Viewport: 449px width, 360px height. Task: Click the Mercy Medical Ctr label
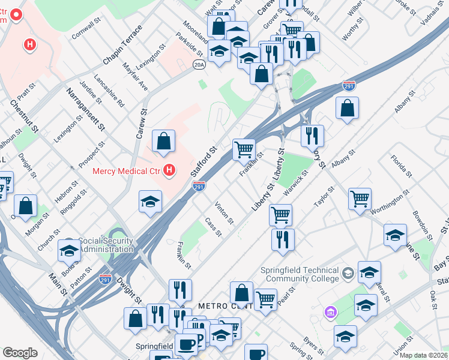coord(127,171)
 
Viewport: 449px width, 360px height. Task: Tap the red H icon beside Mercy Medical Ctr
coord(169,171)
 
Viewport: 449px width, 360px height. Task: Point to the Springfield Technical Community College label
coord(300,274)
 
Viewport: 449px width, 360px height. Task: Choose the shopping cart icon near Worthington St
coord(360,198)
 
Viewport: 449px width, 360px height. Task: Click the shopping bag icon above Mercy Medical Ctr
coord(163,141)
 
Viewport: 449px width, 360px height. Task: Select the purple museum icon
coord(329,312)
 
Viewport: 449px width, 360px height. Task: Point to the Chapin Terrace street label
coord(122,46)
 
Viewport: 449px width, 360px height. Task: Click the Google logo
coord(20,353)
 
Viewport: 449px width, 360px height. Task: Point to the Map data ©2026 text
coord(423,355)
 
